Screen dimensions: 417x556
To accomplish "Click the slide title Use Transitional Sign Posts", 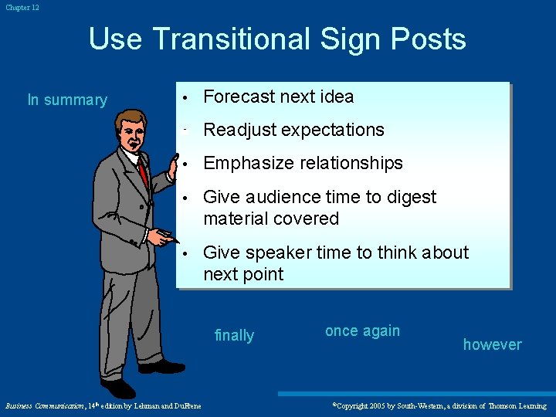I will coord(277,39).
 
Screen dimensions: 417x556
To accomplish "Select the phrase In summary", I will coord(67,100).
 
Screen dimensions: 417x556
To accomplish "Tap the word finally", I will coord(234,335).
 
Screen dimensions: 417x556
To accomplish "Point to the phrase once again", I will coord(362,331).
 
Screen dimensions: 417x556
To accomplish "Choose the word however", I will coord(492,344).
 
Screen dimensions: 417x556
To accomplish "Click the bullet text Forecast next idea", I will coord(278,97).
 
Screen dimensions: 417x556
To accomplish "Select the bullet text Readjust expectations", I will coord(293,130).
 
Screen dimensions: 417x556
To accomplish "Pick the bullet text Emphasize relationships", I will coord(303,163).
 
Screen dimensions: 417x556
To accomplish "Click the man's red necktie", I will coord(142,171).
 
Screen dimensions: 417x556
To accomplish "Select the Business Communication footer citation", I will coord(103,405).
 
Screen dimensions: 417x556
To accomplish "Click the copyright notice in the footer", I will coord(439,405).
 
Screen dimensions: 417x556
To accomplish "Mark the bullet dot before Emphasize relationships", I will coord(185,164).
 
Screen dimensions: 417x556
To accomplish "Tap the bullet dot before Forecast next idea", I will coord(185,97).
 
